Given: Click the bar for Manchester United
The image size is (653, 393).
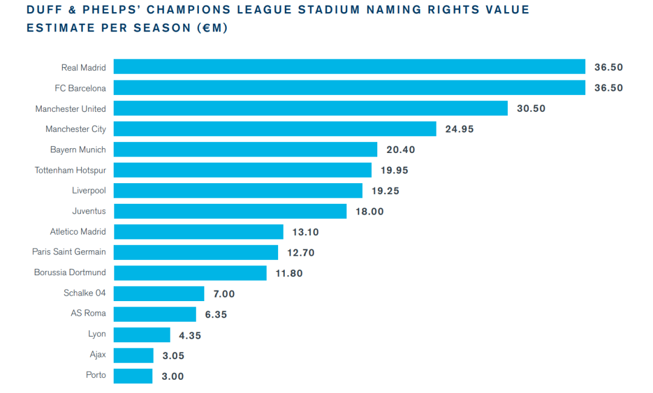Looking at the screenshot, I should (310, 108).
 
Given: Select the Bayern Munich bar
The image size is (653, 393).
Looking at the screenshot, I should (245, 149).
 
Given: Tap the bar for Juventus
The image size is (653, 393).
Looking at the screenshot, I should (230, 211).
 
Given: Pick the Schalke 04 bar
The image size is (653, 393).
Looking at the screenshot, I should (158, 293).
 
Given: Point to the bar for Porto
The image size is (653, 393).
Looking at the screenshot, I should (133, 375).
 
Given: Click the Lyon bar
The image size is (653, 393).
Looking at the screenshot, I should (141, 334).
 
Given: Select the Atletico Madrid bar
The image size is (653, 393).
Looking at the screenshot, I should (198, 232).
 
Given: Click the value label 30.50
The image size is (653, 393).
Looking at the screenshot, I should (531, 109).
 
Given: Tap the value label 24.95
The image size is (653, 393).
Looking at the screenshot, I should (460, 129).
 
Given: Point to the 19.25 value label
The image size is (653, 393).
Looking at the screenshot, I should (385, 191).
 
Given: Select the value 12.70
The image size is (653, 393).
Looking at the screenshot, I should (301, 253).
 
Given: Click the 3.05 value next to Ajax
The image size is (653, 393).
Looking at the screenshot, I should (173, 356).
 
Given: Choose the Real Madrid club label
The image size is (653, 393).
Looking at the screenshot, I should (83, 68).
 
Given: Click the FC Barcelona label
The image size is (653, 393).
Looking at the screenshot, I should (80, 88).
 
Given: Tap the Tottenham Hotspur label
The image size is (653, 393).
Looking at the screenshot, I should (70, 171).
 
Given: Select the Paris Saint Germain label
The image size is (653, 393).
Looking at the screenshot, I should (69, 252).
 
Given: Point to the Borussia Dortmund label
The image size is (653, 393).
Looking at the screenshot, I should (70, 272).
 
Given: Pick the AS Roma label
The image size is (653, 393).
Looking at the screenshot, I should (88, 313).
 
